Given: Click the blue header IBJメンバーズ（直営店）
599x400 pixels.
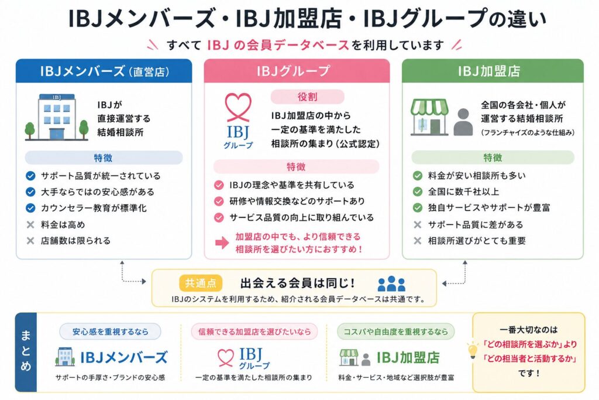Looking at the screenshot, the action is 104,71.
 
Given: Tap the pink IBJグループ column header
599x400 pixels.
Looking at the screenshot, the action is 297,71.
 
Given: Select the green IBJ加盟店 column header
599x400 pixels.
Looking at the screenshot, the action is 493,71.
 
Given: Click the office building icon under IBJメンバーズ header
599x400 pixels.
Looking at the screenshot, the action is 57,117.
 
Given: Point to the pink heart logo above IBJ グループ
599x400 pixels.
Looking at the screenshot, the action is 238,107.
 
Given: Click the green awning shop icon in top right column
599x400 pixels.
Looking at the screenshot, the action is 429,117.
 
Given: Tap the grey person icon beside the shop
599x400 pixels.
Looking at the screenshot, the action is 463,122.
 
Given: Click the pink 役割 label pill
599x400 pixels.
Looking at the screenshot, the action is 308,97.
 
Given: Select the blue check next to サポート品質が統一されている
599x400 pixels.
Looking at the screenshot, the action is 30,176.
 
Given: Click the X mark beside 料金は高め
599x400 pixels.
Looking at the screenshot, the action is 30,224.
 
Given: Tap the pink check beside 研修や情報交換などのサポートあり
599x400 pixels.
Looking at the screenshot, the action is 219,201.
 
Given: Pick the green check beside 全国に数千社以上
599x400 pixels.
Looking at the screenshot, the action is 418,192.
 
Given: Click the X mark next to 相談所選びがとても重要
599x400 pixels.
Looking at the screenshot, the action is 418,241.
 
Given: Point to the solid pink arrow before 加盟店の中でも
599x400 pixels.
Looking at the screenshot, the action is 222,242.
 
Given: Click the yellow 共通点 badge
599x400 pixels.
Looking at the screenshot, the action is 201,283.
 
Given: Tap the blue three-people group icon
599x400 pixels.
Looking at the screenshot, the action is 391,283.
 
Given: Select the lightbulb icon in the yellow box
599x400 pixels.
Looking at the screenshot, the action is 473,350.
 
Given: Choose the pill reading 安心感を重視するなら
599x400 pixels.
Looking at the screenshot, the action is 111,331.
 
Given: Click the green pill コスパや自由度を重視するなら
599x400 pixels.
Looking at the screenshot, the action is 396,331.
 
